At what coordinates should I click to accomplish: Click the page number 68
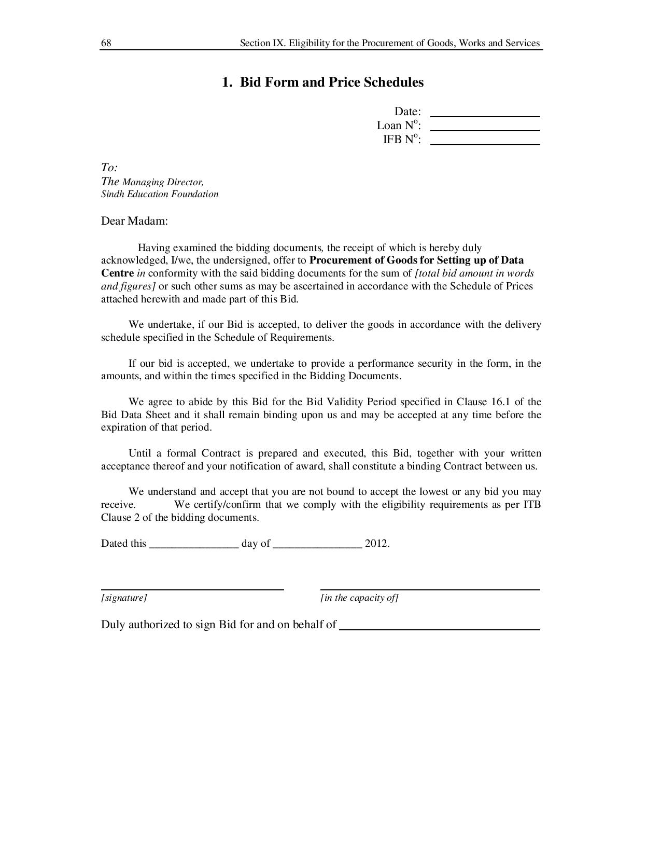pyautogui.click(x=106, y=43)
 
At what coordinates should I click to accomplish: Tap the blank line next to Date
pyautogui.click(x=485, y=116)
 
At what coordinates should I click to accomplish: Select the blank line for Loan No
pyautogui.click(x=485, y=130)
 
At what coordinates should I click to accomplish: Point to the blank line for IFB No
pyautogui.click(x=485, y=144)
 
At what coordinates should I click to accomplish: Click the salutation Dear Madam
pyautogui.click(x=134, y=221)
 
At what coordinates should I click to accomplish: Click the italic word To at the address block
pyautogui.click(x=109, y=168)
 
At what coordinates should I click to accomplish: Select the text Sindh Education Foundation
pyautogui.click(x=160, y=194)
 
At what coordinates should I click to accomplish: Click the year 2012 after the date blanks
pyautogui.click(x=376, y=544)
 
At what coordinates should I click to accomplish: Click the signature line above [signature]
pyautogui.click(x=192, y=589)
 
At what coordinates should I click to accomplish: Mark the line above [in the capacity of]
pyautogui.click(x=430, y=589)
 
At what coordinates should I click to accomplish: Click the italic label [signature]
pyautogui.click(x=124, y=598)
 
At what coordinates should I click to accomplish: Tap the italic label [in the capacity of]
pyautogui.click(x=359, y=598)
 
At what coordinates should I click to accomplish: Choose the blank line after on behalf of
pyautogui.click(x=440, y=629)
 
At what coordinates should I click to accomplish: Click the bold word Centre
pyautogui.click(x=117, y=273)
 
